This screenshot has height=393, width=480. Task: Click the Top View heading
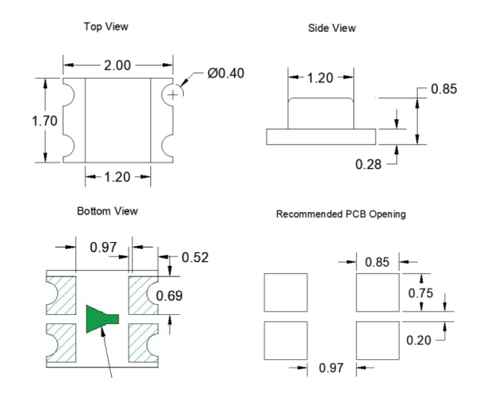click(106, 27)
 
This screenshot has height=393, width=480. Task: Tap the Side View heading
click(332, 28)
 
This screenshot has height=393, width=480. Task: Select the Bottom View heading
click(107, 211)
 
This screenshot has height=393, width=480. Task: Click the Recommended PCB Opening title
click(341, 214)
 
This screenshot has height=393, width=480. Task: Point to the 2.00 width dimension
click(117, 65)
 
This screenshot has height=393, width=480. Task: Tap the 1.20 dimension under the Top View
click(117, 177)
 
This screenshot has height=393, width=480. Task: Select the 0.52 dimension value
click(195, 257)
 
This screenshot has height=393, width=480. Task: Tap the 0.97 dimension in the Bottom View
click(103, 247)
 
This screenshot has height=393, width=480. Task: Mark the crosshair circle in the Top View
click(172, 94)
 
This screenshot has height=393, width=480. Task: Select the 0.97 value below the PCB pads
click(331, 367)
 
